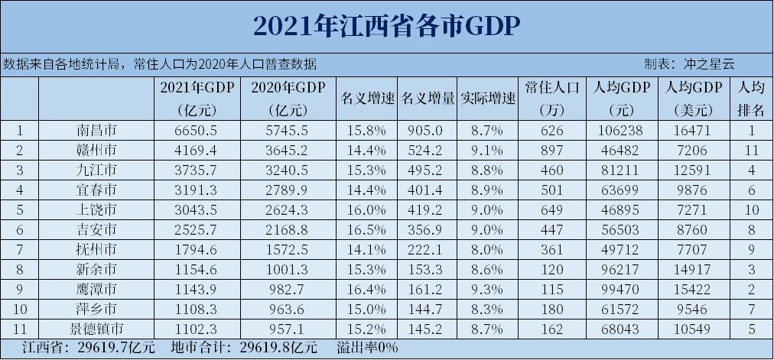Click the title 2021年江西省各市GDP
(x=386, y=25)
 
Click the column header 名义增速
(x=366, y=99)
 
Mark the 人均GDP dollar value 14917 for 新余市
(x=694, y=269)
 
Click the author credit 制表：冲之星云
(x=689, y=64)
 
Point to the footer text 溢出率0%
(x=367, y=349)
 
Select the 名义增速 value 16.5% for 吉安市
(x=366, y=229)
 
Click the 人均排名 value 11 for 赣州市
(x=750, y=148)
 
